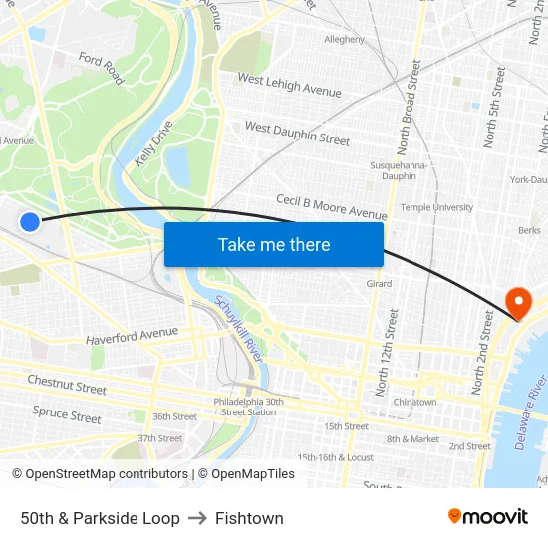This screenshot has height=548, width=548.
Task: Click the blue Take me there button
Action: click(274, 245)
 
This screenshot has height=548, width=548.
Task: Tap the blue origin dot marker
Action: click(30, 222)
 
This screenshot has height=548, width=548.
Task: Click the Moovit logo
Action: click(488, 517)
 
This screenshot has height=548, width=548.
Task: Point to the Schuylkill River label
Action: click(238, 340)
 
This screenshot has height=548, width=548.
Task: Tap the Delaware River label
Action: click(534, 412)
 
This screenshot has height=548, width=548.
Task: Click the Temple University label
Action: click(436, 207)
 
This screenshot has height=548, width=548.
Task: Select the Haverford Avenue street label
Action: click(132, 337)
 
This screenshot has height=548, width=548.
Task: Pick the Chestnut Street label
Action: click(67, 384)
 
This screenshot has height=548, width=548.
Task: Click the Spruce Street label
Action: click(67, 414)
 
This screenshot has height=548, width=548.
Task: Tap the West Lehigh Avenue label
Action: click(289, 86)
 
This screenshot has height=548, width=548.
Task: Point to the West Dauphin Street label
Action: click(297, 133)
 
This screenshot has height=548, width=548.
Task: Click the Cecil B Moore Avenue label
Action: click(331, 207)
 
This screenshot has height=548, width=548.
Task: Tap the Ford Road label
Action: click(101, 69)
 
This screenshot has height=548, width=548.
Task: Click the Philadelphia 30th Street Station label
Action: click(248, 407)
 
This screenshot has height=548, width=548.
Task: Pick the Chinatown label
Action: click(414, 402)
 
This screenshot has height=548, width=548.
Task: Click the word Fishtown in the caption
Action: click(249, 518)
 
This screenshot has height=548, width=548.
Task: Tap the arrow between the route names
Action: click(197, 518)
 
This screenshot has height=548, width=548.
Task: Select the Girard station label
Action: click(379, 284)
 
